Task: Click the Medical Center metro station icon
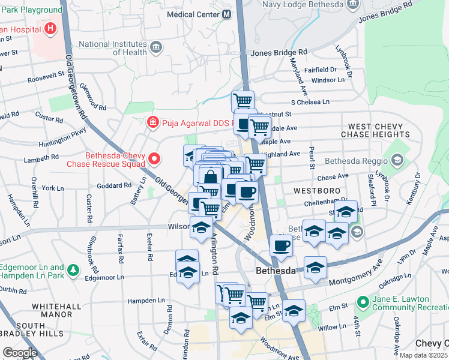click(x=227, y=14)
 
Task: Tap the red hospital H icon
click(x=50, y=28)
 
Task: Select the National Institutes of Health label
click(x=113, y=48)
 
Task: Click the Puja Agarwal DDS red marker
click(x=153, y=122)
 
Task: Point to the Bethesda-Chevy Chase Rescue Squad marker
click(x=155, y=159)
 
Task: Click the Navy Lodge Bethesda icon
click(x=352, y=4)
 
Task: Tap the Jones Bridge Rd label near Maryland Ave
click(x=279, y=53)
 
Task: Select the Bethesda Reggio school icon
click(x=397, y=160)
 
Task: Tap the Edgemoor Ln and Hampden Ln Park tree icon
click(x=73, y=271)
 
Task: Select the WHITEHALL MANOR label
click(x=56, y=310)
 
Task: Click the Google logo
click(x=20, y=353)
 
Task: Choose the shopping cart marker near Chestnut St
click(x=243, y=100)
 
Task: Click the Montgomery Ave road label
click(x=357, y=272)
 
